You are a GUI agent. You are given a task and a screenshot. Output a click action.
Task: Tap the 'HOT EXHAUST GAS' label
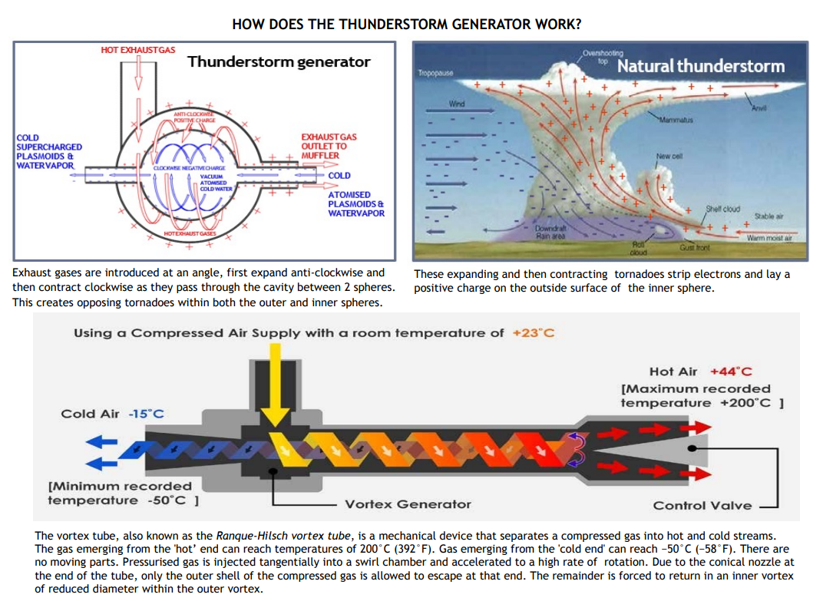click(x=138, y=50)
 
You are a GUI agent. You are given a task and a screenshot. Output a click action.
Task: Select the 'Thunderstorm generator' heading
click(x=279, y=62)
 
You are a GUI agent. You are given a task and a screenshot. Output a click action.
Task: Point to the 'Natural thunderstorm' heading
click(x=701, y=66)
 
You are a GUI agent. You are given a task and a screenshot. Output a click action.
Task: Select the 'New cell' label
click(x=669, y=156)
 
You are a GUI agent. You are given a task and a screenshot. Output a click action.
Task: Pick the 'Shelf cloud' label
click(x=722, y=209)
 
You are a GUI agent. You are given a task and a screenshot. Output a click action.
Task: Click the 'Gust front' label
click(x=696, y=248)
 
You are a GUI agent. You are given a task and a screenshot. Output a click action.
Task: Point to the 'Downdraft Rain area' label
click(x=550, y=233)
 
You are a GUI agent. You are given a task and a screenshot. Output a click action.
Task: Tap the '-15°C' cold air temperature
click(x=146, y=414)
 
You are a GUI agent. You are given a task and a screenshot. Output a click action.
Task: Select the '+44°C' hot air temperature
click(x=731, y=371)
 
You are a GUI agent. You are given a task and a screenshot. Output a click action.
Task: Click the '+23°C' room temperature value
click(x=533, y=332)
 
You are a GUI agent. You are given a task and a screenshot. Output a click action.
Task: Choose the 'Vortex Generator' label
click(x=408, y=504)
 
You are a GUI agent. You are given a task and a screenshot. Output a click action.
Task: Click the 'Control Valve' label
click(x=702, y=505)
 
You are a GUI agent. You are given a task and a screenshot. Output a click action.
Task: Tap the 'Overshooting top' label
click(x=603, y=55)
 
